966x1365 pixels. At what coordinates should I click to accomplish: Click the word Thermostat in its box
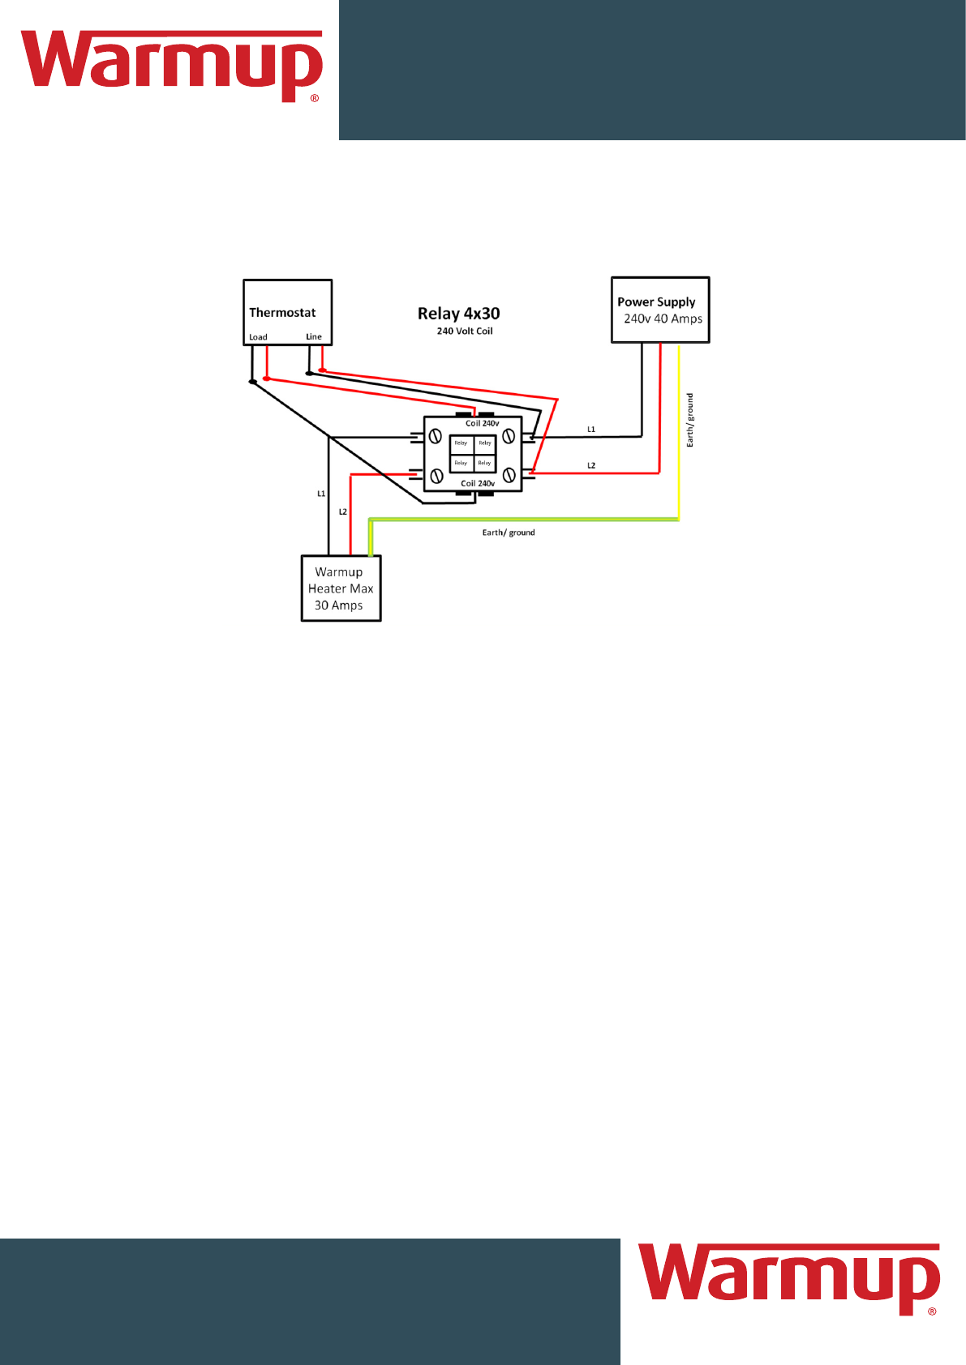[282, 313]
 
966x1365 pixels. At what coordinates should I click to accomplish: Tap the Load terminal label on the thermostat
[258, 337]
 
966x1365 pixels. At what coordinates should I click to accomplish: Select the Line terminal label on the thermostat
[314, 336]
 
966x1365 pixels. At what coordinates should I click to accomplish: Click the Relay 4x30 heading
[458, 314]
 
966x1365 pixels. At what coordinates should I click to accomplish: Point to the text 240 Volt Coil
[465, 332]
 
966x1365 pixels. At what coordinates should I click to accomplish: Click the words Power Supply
[656, 302]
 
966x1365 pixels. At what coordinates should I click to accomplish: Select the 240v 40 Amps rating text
[663, 319]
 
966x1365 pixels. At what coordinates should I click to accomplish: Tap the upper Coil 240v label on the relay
[482, 424]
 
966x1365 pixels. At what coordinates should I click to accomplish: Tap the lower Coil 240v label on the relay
[478, 484]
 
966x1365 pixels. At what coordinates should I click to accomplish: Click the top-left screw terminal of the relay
[436, 437]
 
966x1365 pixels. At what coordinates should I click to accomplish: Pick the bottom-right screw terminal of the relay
[509, 475]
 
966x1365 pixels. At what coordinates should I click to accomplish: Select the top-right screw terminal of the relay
[509, 437]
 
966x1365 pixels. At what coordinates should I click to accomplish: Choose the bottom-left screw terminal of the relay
[436, 477]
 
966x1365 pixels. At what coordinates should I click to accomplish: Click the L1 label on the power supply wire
[591, 430]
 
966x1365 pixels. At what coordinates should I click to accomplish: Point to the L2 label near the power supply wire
[591, 466]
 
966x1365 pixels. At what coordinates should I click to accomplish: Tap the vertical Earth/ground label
[690, 420]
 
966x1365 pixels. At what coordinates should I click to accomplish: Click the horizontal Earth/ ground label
[509, 533]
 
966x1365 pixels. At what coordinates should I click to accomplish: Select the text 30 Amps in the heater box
[338, 605]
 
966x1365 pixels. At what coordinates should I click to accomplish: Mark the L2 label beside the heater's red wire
[343, 512]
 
